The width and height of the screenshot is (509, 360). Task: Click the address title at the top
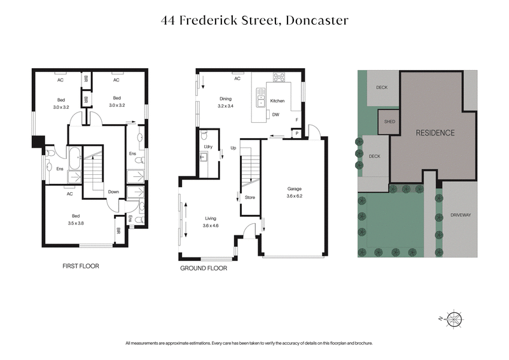tap(254, 20)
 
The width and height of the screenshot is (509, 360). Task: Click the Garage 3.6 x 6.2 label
tap(294, 193)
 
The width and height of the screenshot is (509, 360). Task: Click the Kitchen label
tap(277, 101)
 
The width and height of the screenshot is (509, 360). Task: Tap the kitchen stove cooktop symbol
tap(279, 78)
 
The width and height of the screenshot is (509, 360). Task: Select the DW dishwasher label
tap(276, 114)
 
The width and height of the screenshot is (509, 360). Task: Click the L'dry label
tap(207, 148)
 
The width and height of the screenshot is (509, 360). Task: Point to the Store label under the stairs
tap(250, 197)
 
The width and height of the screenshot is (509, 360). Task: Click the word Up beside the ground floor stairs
tap(233, 148)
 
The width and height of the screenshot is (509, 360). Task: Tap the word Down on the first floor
tap(113, 191)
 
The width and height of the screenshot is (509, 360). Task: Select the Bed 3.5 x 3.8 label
tap(76, 219)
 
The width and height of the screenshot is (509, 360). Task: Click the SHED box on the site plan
tap(387, 121)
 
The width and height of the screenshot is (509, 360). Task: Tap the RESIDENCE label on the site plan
tap(435, 133)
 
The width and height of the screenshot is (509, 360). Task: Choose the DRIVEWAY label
tap(460, 215)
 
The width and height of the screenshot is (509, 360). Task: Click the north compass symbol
tap(454, 318)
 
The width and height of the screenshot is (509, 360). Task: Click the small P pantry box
tap(296, 134)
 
